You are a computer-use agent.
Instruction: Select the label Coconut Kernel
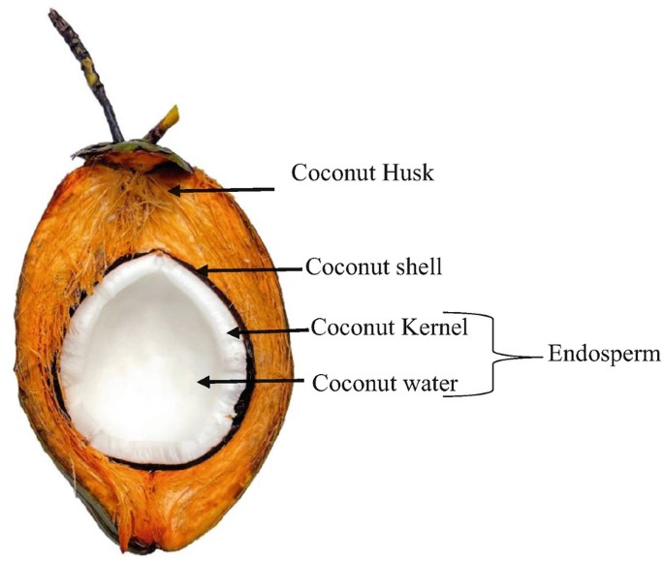tap(390, 328)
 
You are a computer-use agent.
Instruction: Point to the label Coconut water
tap(384, 383)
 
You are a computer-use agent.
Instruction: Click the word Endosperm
tap(604, 355)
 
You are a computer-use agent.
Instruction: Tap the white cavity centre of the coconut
tap(145, 368)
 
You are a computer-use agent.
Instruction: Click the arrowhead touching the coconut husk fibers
tap(175, 190)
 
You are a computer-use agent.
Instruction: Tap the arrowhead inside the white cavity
tap(205, 383)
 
